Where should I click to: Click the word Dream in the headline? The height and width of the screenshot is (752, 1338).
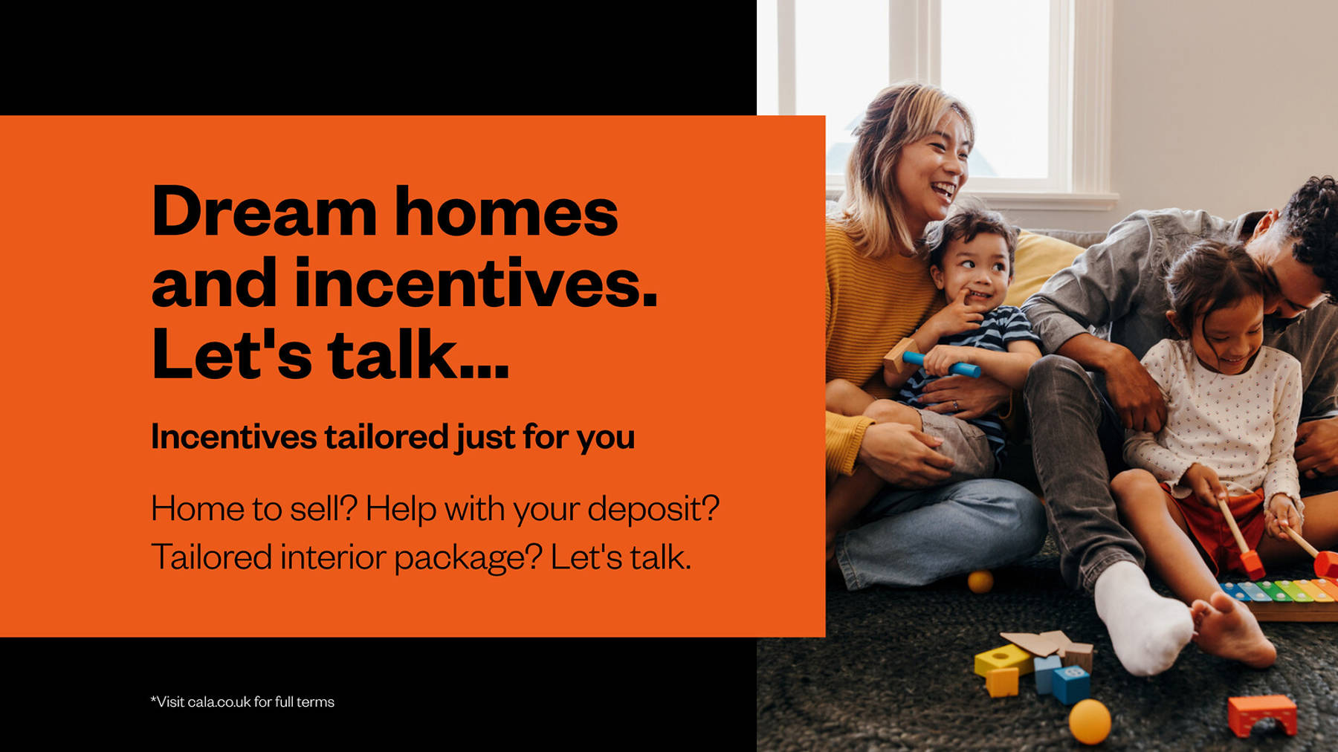pos(264,212)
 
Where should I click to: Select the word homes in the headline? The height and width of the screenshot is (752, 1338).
pos(506,212)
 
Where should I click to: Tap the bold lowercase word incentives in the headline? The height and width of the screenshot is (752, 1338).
pos(476,282)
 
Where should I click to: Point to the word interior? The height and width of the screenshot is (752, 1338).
pos(332,557)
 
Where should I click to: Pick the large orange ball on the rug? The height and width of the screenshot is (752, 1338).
pos(1090,721)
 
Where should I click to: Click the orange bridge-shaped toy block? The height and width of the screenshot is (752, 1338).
pos(1262,714)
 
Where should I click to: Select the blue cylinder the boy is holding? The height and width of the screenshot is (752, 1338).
pos(941,364)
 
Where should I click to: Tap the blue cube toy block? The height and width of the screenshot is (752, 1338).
pos(1070,684)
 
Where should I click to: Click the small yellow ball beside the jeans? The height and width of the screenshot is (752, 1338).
pos(980,581)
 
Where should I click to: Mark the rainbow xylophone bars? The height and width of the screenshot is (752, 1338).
pos(1279,591)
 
